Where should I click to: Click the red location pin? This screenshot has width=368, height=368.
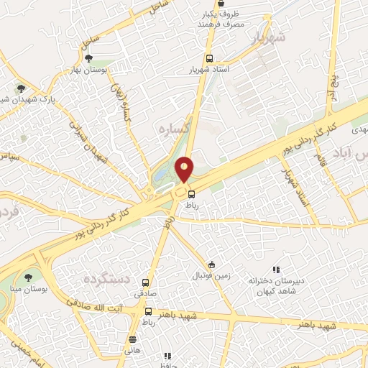point(185,168)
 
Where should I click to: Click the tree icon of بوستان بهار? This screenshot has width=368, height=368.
point(88,59)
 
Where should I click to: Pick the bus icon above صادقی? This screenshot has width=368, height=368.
point(147,282)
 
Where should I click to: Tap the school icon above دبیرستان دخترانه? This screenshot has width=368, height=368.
point(276,270)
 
